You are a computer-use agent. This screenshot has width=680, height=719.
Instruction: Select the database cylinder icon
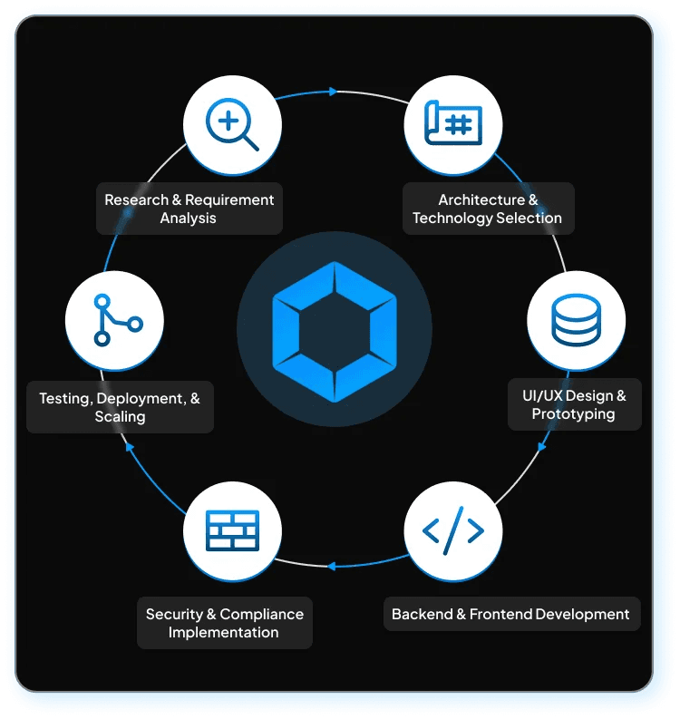(x=576, y=321)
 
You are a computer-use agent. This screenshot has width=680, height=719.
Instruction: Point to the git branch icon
(x=115, y=321)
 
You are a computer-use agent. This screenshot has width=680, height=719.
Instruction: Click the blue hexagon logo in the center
(x=335, y=331)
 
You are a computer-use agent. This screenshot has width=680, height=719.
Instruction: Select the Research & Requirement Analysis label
(x=189, y=209)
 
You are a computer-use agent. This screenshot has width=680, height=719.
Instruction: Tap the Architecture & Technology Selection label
(x=488, y=209)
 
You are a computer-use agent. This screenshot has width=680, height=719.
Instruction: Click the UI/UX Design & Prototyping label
(x=573, y=404)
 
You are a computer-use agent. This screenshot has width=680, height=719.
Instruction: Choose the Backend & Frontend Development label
(x=510, y=614)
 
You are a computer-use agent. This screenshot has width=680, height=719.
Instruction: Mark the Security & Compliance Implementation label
(x=224, y=623)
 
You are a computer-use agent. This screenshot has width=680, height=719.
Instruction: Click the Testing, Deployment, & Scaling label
(x=120, y=407)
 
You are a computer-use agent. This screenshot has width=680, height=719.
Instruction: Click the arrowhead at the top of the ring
(x=333, y=92)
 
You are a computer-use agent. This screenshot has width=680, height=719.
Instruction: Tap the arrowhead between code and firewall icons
(x=332, y=566)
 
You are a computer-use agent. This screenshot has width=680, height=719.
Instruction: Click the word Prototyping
(x=573, y=414)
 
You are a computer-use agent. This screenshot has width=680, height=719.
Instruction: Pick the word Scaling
(x=120, y=417)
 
